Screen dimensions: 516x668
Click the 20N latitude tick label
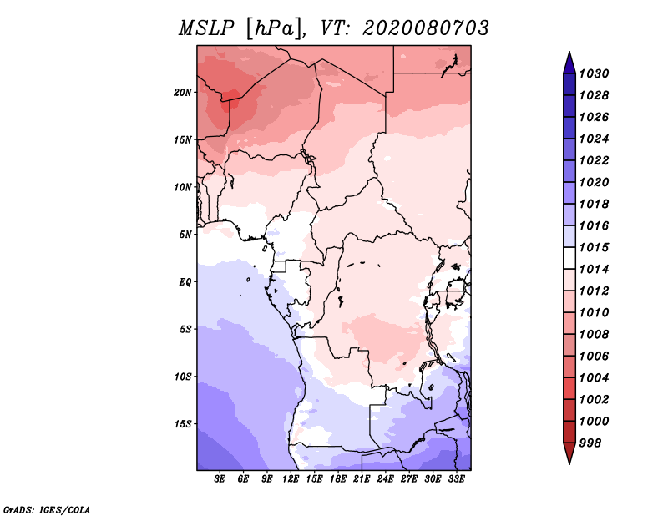(183, 92)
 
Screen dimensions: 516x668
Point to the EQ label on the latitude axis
(185, 282)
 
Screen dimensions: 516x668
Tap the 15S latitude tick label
(183, 424)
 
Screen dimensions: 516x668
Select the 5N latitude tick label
(185, 235)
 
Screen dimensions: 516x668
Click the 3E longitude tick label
(220, 479)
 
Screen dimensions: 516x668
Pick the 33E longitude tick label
(457, 479)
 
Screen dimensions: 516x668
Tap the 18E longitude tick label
(338, 479)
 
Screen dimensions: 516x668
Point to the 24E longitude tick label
(386, 479)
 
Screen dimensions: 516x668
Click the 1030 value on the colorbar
(595, 73)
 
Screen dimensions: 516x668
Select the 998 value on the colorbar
(592, 443)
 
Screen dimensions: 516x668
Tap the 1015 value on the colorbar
(595, 248)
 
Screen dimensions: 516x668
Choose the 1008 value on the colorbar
(595, 334)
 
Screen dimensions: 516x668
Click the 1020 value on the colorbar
(595, 182)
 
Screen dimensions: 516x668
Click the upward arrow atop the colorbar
(569, 61)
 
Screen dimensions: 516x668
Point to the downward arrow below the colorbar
(569, 454)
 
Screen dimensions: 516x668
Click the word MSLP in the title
(208, 28)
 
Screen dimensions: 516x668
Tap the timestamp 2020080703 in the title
(425, 28)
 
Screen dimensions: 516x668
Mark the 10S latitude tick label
(183, 377)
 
